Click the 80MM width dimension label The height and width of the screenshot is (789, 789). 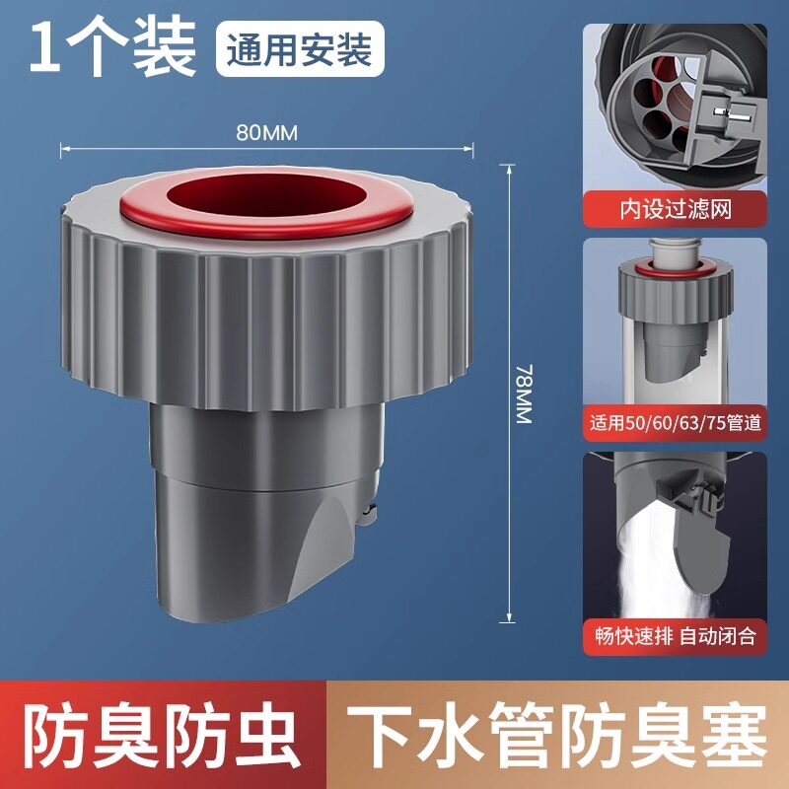266,133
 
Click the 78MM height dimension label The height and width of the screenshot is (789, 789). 524,394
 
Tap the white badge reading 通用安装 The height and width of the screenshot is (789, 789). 300,48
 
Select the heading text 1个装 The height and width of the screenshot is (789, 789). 112,48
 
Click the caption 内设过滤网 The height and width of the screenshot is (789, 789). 676,209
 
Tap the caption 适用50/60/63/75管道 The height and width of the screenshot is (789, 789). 676,423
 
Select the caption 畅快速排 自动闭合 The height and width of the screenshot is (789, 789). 676,636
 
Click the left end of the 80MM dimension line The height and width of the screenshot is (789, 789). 61,148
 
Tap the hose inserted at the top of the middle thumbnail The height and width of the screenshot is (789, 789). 676,251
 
